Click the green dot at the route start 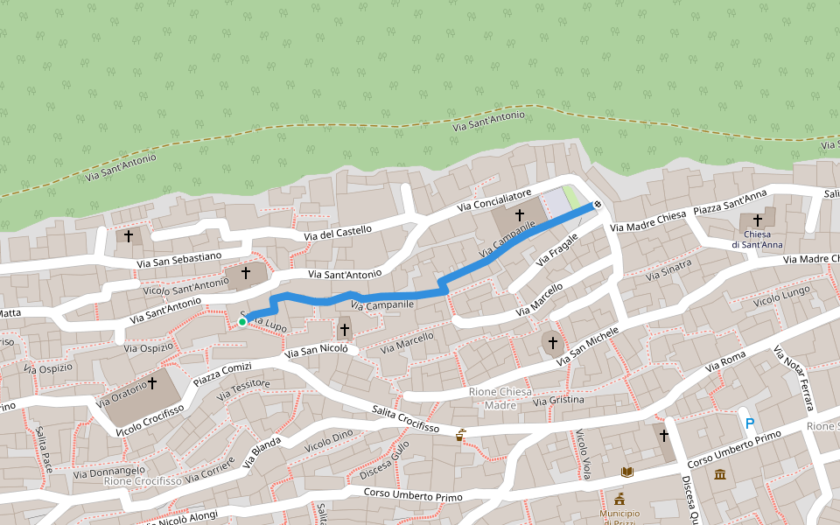(242, 322)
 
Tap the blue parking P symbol (749, 423)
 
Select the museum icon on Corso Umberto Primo (720, 474)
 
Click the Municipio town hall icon (619, 499)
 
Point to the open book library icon (626, 472)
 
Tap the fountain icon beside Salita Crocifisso (460, 434)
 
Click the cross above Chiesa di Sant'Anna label (757, 220)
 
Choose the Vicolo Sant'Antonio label (185, 285)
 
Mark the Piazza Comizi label (222, 372)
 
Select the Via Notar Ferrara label (794, 379)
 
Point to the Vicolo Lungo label (781, 294)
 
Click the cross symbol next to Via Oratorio (152, 382)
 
